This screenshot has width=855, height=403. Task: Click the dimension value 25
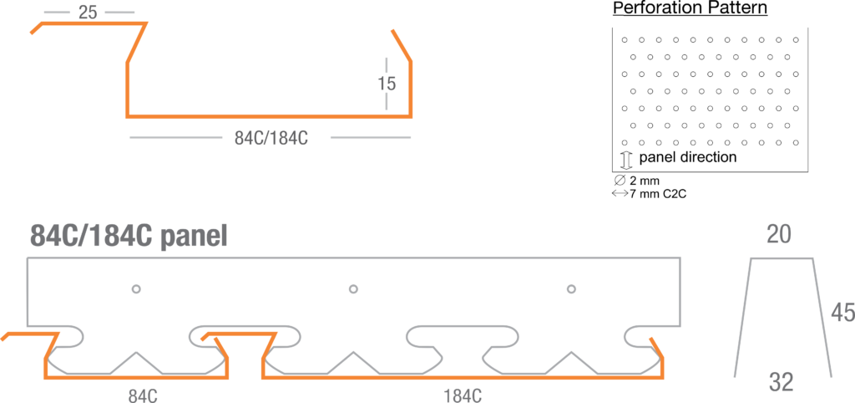[88, 13]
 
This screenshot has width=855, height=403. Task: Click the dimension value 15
[387, 84]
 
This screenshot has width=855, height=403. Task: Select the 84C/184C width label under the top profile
[271, 139]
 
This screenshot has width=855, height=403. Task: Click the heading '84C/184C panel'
[128, 237]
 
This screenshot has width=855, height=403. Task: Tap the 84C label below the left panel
[143, 394]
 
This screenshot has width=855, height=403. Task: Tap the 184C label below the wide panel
[461, 394]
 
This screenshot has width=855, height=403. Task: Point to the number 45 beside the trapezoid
[842, 313]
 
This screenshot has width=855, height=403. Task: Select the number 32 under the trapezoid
[781, 384]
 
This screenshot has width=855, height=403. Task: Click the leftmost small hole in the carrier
[136, 289]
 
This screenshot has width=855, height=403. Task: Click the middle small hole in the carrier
[353, 289]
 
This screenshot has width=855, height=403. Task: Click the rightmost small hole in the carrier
[571, 289]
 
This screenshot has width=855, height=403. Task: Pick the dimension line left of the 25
[57, 13]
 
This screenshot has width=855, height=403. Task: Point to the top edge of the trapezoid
[782, 259]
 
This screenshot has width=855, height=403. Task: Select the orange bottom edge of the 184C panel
[463, 378]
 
